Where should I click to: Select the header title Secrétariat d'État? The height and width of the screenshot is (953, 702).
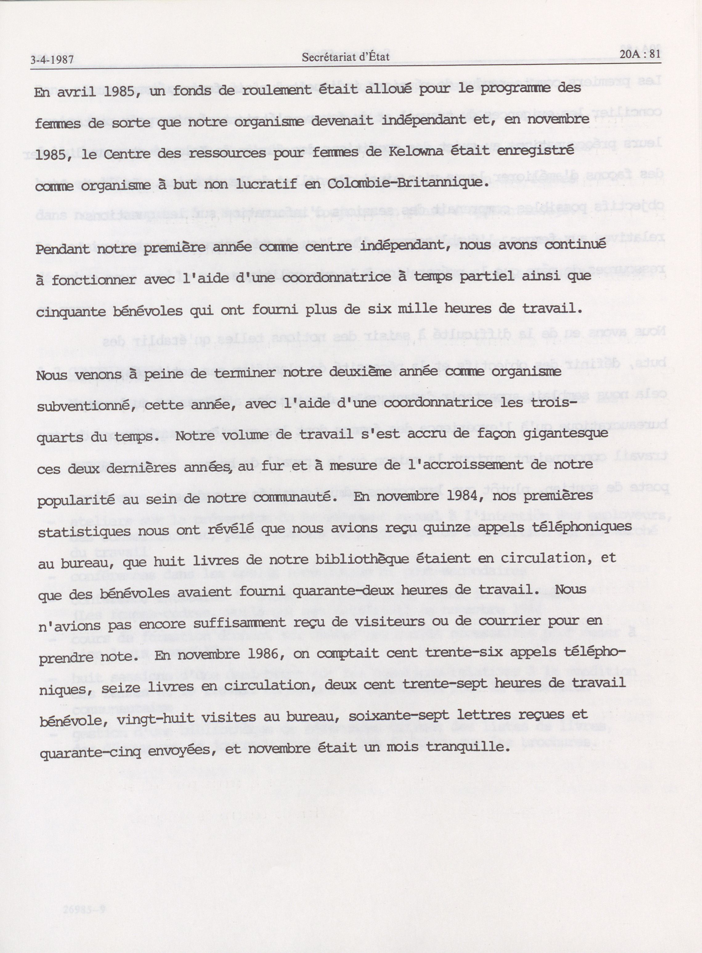point(346,57)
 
